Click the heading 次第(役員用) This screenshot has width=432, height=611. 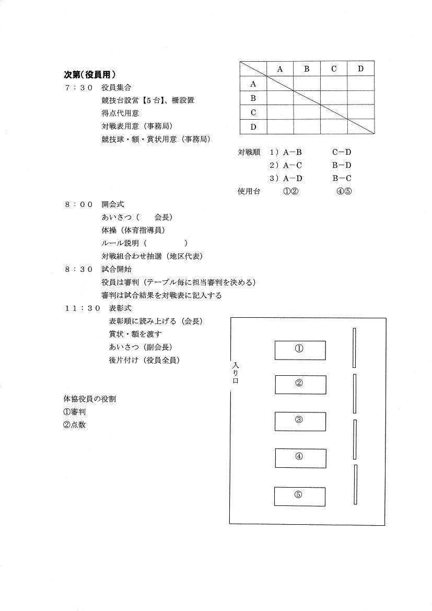click(89, 74)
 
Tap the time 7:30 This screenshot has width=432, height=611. click(78, 87)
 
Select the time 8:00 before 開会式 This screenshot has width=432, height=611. click(78, 204)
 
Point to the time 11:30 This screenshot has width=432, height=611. click(82, 308)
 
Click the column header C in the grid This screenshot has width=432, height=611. click(334, 68)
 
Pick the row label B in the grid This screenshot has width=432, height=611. click(253, 98)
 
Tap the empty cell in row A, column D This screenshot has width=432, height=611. click(361, 83)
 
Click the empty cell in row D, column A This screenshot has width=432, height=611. click(280, 126)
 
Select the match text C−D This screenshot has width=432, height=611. click(342, 153)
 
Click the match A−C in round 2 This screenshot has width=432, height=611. click(293, 166)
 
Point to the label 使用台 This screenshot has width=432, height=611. click(249, 191)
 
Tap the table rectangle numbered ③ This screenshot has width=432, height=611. click(300, 421)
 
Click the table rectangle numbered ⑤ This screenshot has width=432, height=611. click(299, 496)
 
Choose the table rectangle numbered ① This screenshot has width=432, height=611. click(300, 350)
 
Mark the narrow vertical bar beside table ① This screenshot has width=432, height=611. click(354, 348)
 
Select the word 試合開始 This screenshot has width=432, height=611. click(116, 269)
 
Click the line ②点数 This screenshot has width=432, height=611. click(74, 425)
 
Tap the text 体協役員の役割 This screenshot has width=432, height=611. click(89, 399)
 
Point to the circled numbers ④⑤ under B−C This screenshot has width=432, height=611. click(344, 191)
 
